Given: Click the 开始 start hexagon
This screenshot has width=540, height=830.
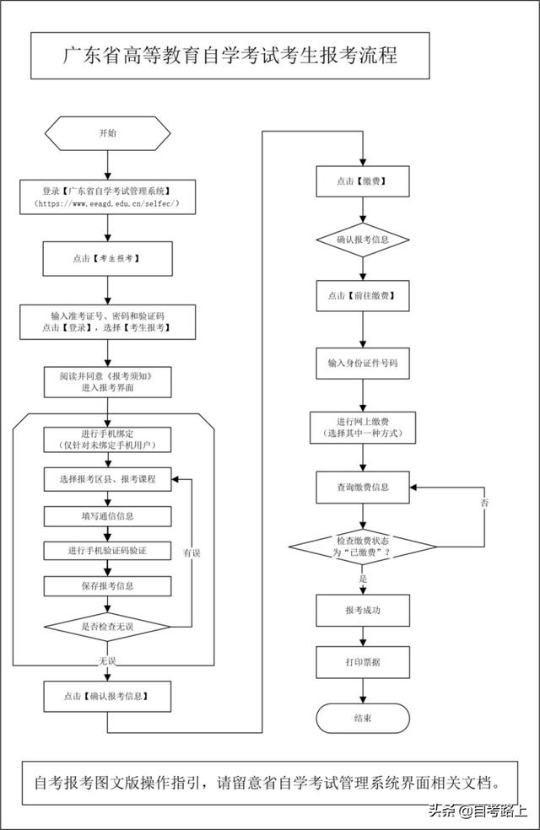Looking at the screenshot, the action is click(x=107, y=133).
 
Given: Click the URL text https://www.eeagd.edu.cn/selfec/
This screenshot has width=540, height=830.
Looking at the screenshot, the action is click(x=107, y=203).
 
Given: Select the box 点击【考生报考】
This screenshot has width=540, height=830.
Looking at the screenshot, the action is click(x=107, y=259).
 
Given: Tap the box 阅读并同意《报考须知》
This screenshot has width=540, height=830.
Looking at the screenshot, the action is click(x=107, y=381).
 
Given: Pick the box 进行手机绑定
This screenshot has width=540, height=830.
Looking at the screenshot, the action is click(x=107, y=439).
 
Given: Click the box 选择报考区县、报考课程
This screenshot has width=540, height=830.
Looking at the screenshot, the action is click(x=107, y=479).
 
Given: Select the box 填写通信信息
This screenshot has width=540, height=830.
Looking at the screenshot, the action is click(x=107, y=516).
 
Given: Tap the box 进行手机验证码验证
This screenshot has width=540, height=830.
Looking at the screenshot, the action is click(x=107, y=551).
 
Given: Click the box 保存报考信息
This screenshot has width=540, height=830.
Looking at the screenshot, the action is click(x=107, y=586).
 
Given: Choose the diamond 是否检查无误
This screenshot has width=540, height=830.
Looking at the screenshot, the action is click(x=107, y=627).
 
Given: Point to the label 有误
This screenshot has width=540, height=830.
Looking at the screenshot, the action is click(x=192, y=552).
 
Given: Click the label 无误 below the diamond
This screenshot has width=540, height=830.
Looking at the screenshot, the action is click(x=107, y=660).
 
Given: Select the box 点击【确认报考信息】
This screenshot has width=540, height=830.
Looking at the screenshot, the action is click(x=107, y=696).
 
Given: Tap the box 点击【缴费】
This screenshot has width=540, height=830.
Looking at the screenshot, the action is click(x=363, y=181).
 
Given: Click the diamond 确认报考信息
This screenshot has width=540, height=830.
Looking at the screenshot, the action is click(x=363, y=240).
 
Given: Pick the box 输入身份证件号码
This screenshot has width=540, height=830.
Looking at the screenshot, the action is click(x=363, y=363).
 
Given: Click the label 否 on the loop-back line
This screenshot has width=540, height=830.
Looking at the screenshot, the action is click(x=483, y=503).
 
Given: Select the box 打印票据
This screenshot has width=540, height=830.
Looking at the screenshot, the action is click(x=363, y=662).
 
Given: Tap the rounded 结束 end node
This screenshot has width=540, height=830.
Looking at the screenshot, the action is click(x=363, y=719).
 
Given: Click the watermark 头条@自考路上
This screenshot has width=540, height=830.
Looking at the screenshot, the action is click(x=477, y=810).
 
